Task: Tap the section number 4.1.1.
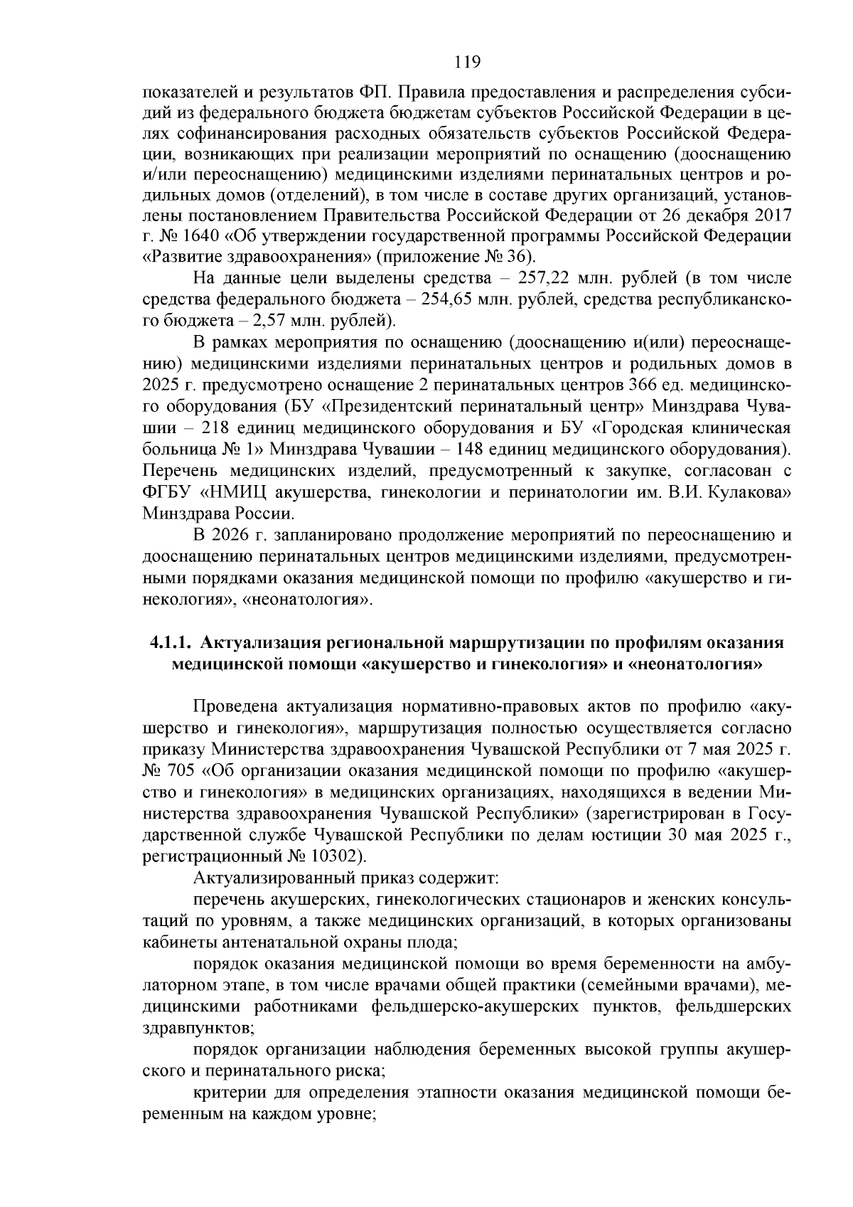171,643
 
